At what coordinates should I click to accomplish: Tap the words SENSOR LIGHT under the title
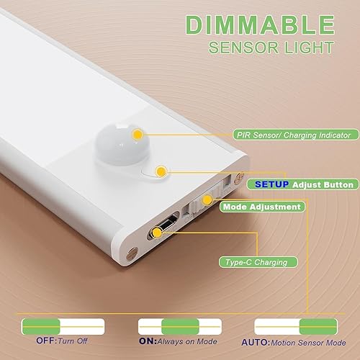tap(271, 48)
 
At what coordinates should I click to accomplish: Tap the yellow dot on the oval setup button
tap(161, 171)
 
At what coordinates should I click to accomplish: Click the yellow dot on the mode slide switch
tap(207, 199)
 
